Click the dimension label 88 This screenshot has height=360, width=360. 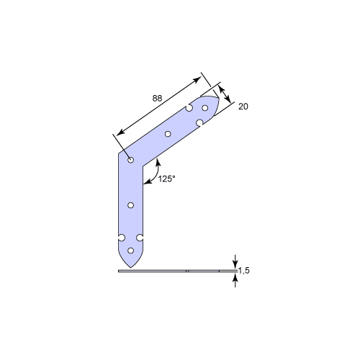157,98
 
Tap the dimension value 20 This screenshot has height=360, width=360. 243,107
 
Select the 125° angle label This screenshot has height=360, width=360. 166,179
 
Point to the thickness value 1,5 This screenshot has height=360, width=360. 244,271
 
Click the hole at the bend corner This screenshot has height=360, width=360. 130,160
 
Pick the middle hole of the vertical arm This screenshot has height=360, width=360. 130,205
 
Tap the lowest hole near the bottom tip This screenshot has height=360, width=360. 130,251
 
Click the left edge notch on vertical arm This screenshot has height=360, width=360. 122,238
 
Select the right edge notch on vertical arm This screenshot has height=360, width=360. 140,238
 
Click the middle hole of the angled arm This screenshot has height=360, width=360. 168,134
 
